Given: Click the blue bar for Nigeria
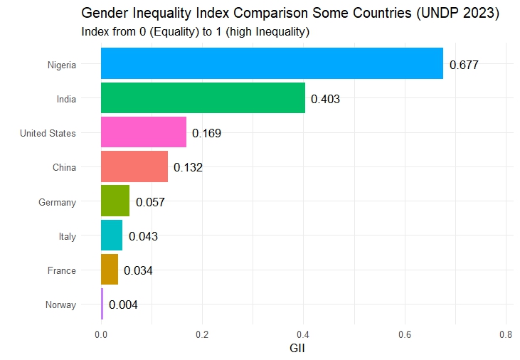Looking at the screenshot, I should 272,64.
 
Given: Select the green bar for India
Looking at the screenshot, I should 203,98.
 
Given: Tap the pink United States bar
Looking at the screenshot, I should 144,132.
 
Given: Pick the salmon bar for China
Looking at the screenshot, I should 134,166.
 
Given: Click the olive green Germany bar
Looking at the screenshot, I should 115,201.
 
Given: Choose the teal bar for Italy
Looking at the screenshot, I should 112,235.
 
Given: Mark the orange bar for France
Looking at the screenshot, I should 110,270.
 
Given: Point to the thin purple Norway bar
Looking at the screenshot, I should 102,304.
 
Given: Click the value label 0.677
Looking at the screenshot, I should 464,65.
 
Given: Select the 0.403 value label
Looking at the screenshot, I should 325,99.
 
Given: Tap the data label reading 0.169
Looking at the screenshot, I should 206,133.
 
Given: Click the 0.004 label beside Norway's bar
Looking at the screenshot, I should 123,305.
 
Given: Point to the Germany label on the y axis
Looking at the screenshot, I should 57,202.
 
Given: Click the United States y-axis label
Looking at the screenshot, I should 48,133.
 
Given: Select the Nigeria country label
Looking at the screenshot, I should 61,65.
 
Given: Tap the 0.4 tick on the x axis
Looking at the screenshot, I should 304,334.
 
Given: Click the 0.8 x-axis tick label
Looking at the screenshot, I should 506,334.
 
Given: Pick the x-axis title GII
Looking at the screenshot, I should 297,349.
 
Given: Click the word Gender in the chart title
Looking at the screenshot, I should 103,14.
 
